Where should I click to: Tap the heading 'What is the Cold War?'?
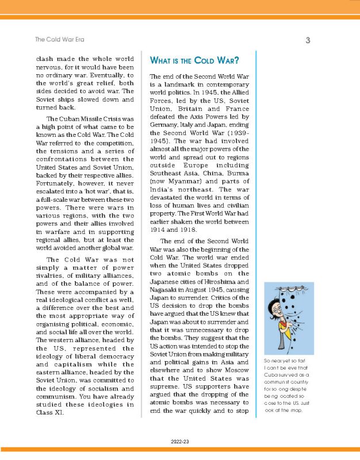194,60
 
